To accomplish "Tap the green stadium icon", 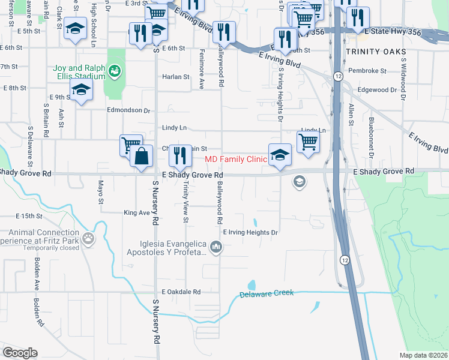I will pos(114,72).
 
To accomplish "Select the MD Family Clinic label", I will pos(235,160).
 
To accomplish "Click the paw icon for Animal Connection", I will pos(89,238).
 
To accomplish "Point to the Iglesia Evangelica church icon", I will pos(217,246).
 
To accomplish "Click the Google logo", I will pos(20,353).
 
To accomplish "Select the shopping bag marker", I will pos(140,157).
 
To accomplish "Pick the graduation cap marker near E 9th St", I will pos(80,91).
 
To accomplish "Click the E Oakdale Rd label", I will pos(180,292).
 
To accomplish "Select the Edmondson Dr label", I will pos(128,110).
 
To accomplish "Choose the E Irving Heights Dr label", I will pos(251,232).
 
